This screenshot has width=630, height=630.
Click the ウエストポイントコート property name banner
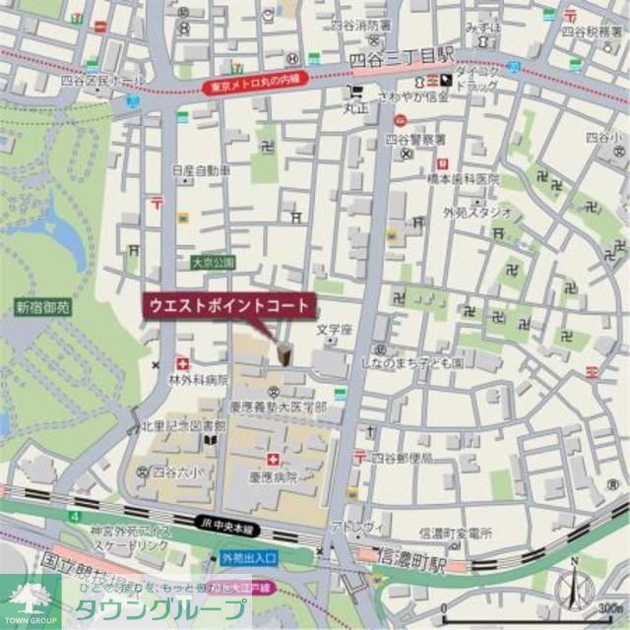[x=229, y=305]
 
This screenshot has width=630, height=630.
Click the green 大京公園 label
[x=213, y=263]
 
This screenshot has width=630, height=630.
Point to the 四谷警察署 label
[x=416, y=139]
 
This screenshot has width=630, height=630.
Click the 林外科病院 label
[x=198, y=379]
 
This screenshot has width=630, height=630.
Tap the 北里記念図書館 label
[x=183, y=426]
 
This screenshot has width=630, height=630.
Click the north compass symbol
[x=574, y=587]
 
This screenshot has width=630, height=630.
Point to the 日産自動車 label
[x=201, y=170]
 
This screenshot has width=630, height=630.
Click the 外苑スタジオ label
[x=477, y=212]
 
